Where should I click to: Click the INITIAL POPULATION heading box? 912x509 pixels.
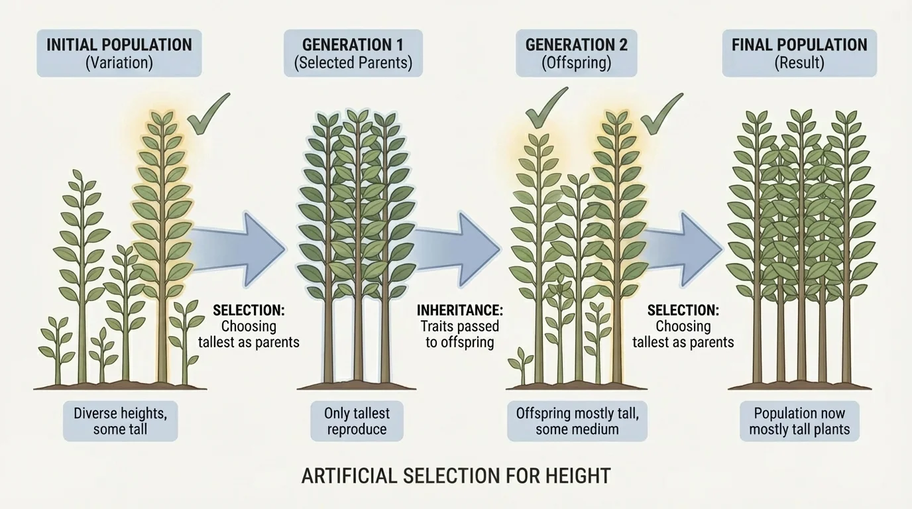[x=119, y=53]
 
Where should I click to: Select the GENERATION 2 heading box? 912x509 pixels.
[x=576, y=53]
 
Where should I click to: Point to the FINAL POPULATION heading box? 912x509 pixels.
[x=799, y=53]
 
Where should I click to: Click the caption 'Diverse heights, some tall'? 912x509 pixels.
[x=120, y=421]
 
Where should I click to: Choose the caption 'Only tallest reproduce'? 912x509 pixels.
[x=357, y=421]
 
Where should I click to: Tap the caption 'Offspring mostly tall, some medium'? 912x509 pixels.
[x=577, y=421]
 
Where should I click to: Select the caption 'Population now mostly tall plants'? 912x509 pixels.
[x=799, y=421]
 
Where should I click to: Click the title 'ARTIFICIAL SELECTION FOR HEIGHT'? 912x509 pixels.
[x=456, y=476]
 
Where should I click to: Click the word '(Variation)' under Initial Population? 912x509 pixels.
[x=119, y=63]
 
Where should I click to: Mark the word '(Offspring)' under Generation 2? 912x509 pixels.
[x=576, y=63]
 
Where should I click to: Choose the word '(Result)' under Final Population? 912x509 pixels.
[x=799, y=63]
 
